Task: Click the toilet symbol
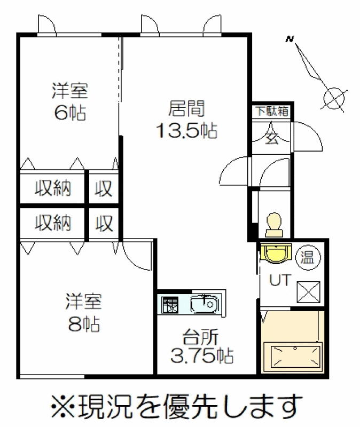[275, 225]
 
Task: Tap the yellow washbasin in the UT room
[276, 253]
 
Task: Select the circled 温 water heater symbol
[308, 257]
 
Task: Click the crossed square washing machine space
[308, 291]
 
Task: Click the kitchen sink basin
[205, 304]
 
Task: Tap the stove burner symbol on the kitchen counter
[170, 305]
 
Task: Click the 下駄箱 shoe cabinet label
[272, 111]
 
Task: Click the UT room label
[280, 280]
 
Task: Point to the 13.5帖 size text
[187, 130]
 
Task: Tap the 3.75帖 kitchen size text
[202, 355]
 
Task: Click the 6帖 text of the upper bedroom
[71, 113]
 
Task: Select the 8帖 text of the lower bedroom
[84, 324]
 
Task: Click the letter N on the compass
[290, 39]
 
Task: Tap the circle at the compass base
[334, 98]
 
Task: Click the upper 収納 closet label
[53, 188]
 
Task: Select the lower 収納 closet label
[53, 223]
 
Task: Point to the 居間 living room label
[186, 108]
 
